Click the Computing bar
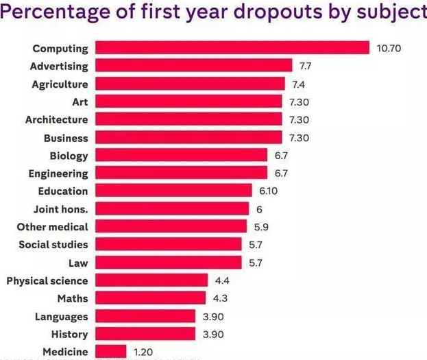[x=232, y=48]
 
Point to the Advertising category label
[x=59, y=67]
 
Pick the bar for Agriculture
[x=190, y=84]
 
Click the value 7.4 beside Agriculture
[x=297, y=84]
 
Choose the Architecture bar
[x=188, y=119]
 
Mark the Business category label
[x=66, y=138]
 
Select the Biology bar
[x=182, y=156]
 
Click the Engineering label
[x=58, y=173]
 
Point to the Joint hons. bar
[x=172, y=209]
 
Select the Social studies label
[x=53, y=245]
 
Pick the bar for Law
[x=169, y=263]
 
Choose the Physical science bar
[x=151, y=280]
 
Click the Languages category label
[x=62, y=316]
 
